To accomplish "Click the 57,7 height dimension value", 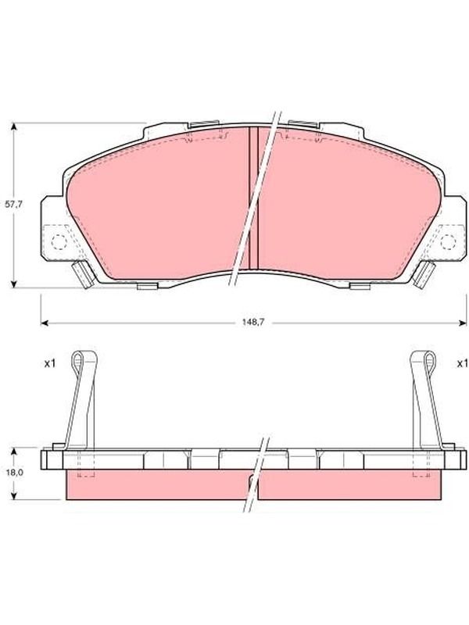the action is point(13,204).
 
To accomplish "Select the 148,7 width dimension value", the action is point(252,323).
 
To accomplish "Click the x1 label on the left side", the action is point(49,363).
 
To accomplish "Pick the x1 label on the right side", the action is point(462,363).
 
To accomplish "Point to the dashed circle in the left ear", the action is point(59,241).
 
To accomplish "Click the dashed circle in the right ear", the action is point(448,241).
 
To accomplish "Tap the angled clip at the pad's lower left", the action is point(84,274).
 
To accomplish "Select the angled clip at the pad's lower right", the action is point(424,274).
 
